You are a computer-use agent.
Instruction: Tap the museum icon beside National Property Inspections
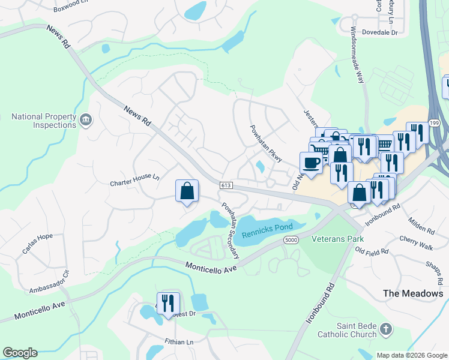pos(86,121)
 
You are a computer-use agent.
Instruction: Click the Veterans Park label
pos(338,239)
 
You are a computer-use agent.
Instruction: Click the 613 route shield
pos(226,186)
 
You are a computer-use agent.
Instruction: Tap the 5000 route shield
pos(291,240)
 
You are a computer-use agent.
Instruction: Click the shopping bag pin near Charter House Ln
pos(187,191)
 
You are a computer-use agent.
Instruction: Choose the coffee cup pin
pos(311,163)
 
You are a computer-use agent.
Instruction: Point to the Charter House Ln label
pos(134,178)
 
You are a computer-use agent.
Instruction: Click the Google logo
pos(20,353)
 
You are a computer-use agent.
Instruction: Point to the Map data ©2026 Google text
pos(411,355)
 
